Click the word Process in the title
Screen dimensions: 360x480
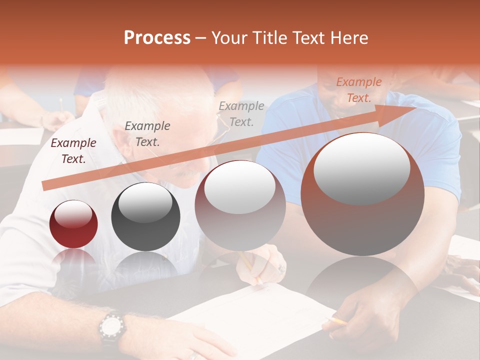pos(157,38)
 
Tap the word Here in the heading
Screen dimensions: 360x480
pos(348,38)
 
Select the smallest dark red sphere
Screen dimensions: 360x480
pos(73,224)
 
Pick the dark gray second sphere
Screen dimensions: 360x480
pos(145,216)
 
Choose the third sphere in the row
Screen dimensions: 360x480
pos(240,205)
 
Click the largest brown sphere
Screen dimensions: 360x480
pos(362,194)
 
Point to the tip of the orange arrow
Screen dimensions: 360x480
pos(415,107)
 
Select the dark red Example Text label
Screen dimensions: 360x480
pos(73,150)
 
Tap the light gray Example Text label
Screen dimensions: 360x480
pos(241,113)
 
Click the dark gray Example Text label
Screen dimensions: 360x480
pos(147,133)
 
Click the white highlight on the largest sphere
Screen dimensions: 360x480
pos(361,169)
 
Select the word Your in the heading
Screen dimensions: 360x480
pos(229,38)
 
